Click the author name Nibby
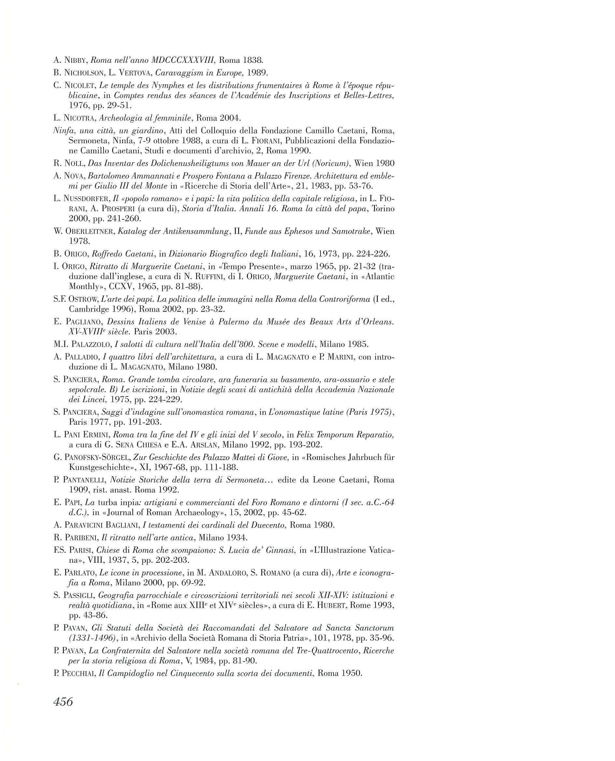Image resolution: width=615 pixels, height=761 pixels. [x=76, y=61]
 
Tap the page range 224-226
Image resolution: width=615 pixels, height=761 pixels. [x=365, y=254]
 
